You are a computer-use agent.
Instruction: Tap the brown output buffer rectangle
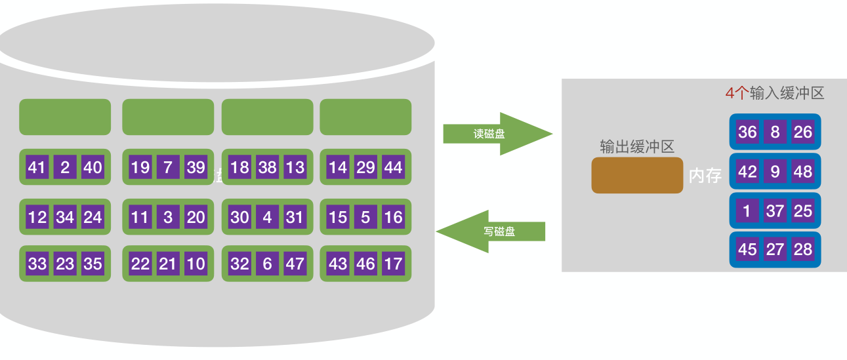637,175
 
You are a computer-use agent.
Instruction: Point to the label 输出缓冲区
637,146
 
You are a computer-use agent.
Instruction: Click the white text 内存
705,176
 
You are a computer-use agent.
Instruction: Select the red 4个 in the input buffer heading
737,93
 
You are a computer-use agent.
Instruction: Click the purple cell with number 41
37,167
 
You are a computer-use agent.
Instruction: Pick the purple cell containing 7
168,167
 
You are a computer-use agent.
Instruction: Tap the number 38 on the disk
267,167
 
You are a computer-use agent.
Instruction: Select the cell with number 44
393,167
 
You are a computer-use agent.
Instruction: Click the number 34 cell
65,216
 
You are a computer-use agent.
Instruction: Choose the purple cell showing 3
168,216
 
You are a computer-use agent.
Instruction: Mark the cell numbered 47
295,264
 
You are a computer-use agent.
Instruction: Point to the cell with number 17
393,264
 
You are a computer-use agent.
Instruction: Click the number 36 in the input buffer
747,132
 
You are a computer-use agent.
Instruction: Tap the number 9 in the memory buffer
775,172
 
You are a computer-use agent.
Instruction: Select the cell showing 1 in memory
747,210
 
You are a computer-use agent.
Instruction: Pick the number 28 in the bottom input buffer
803,249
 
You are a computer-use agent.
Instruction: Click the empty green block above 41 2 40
65,117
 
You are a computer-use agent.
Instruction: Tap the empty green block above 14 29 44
365,117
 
